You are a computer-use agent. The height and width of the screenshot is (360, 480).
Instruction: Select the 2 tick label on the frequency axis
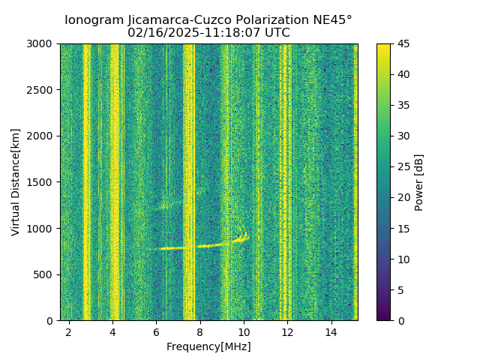69,331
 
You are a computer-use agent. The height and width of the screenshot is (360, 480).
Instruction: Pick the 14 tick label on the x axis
331,331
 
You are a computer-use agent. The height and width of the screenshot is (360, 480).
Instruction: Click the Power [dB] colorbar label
419,182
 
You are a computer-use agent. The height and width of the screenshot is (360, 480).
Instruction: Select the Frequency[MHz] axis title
208,346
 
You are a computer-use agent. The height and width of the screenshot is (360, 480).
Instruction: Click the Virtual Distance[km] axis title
16,182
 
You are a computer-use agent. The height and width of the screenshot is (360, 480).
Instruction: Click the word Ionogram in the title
94,20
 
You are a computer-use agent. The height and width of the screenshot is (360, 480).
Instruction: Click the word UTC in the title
276,33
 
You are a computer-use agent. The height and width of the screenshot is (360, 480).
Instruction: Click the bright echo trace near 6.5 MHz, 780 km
172,247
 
